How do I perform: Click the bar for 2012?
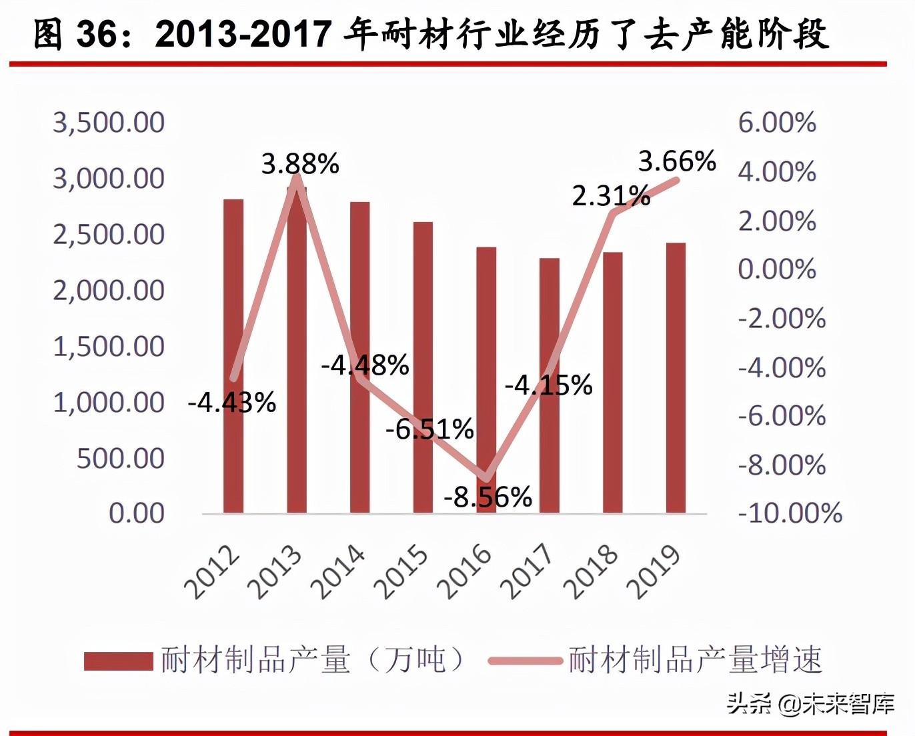tap(233, 356)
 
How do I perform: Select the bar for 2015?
tap(423, 367)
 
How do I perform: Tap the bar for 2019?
tap(676, 377)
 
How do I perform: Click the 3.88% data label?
tap(300, 163)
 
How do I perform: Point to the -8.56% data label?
tap(488, 497)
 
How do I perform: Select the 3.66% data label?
tap(677, 161)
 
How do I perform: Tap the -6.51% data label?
tap(429, 429)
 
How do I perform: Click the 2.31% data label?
tap(611, 196)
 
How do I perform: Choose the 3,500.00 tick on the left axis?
tap(109, 123)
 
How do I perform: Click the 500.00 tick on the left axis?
tap(120, 458)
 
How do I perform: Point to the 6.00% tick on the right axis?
tap(777, 123)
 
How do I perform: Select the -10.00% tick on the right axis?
tap(790, 513)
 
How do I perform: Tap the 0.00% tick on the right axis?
tap(777, 269)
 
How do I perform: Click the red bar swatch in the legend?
tap(118, 661)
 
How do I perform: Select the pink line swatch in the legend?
tap(524, 661)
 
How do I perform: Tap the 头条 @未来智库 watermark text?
tap(810, 703)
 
